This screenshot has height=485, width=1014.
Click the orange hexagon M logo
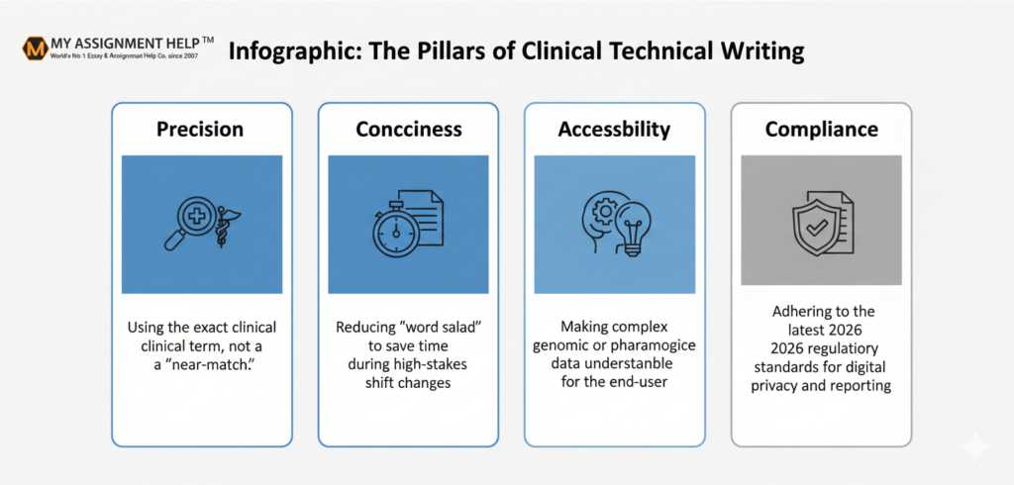pos(35,49)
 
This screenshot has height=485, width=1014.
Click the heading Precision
pos(200,129)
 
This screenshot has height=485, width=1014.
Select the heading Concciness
pos(409,129)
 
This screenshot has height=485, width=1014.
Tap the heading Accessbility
pos(614,129)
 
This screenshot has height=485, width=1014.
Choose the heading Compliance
pos(821,129)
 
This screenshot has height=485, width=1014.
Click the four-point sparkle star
pos(974,445)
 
